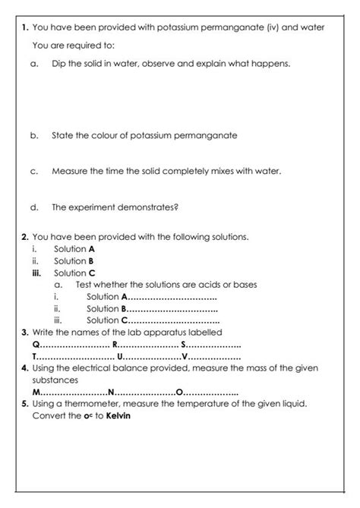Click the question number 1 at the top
(25, 27)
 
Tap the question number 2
(25, 237)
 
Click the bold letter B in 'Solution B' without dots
(91, 260)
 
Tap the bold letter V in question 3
(185, 356)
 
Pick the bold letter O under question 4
(179, 392)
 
